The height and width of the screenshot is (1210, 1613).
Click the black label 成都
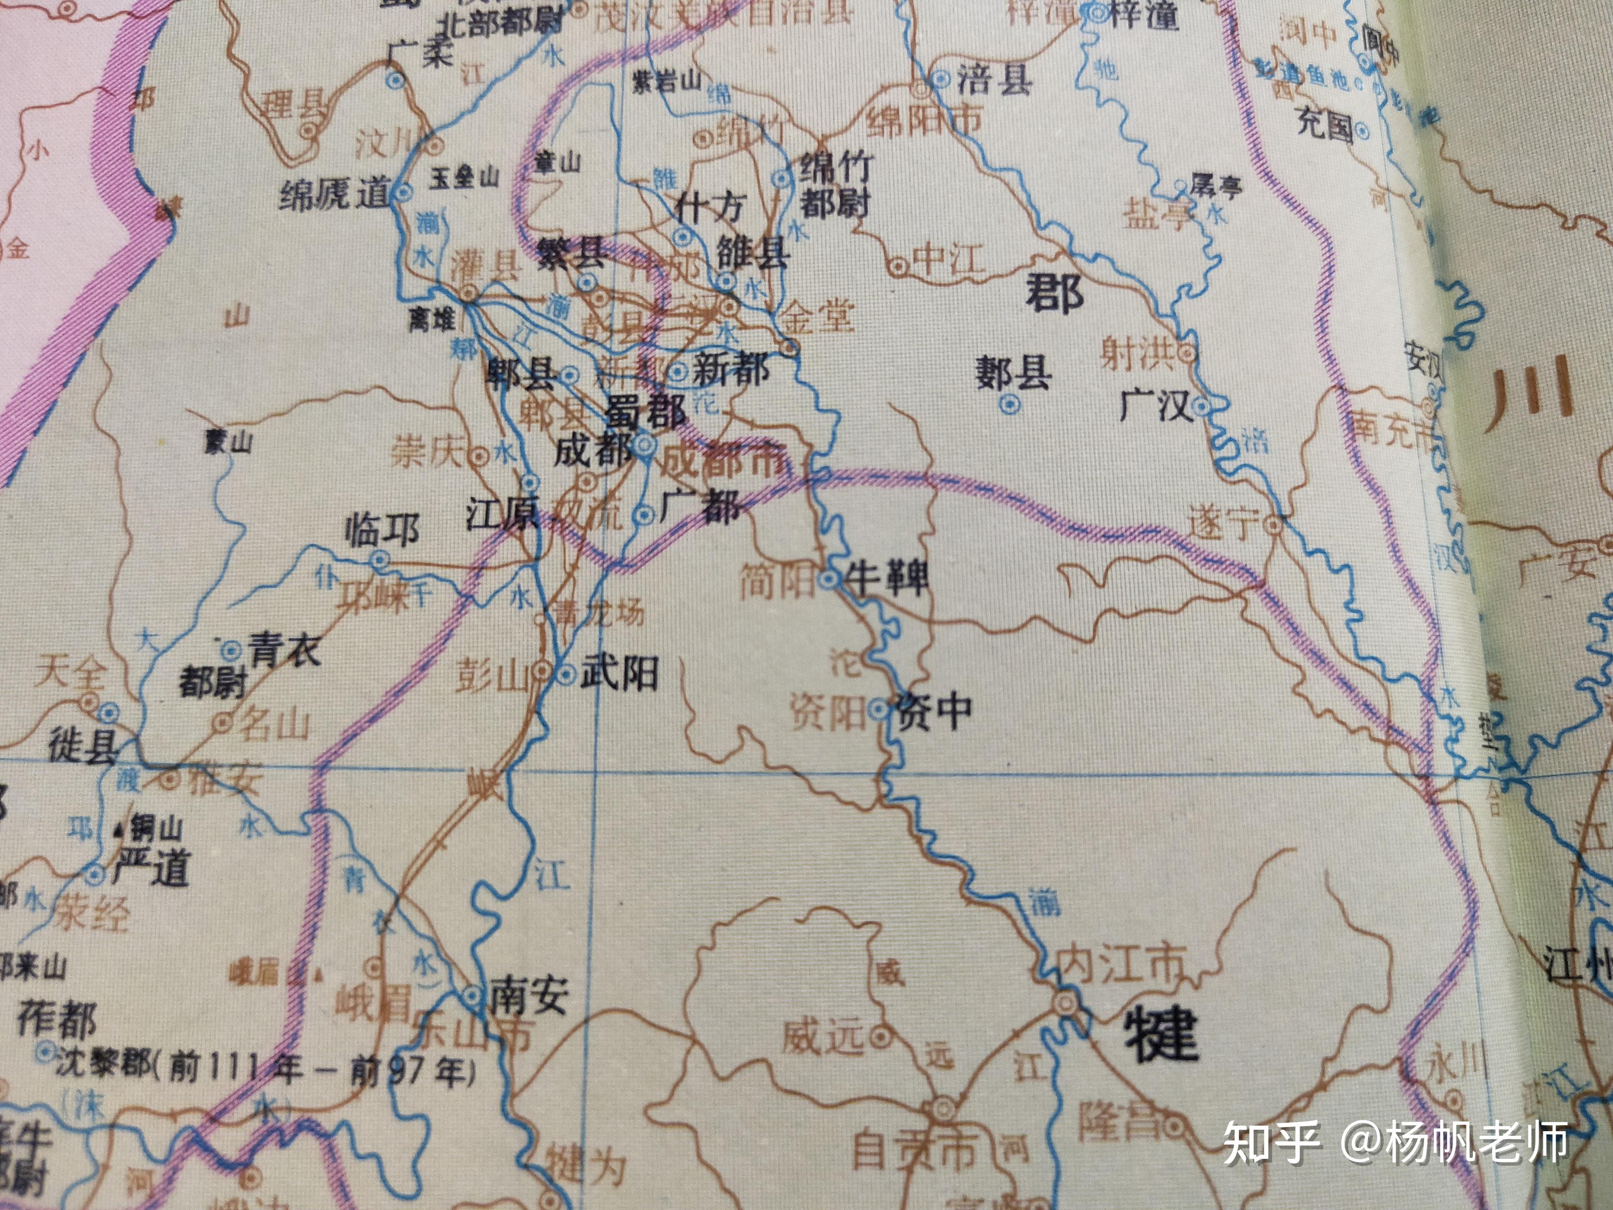pos(592,451)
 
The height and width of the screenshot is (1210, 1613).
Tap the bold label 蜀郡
pos(647,412)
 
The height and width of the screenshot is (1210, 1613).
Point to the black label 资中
pos(935,711)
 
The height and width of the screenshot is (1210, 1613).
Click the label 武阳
pos(619,673)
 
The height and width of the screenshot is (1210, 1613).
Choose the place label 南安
pos(529,996)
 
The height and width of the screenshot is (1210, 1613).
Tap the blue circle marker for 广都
pos(644,515)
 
